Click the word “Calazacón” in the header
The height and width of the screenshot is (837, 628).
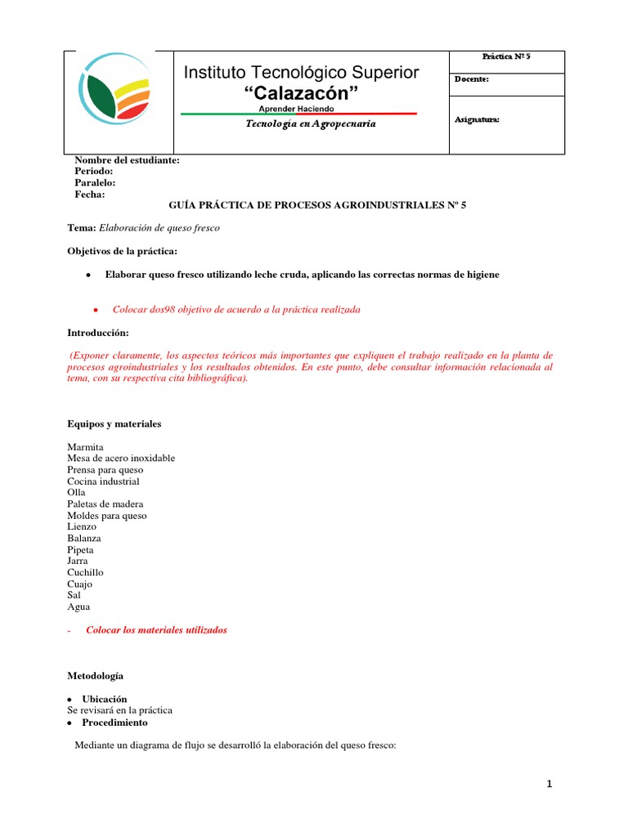301,94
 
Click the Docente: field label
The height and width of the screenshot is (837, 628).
472,79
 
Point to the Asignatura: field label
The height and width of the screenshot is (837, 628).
477,120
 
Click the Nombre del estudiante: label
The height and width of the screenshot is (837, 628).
127,160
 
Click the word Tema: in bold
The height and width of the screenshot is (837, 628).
81,228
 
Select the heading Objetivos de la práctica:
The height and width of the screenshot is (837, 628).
121,249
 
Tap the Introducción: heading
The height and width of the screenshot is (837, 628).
97,333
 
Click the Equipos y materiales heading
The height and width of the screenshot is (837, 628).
114,424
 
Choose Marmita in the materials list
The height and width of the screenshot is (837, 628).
85,447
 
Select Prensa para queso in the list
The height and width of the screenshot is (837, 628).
105,470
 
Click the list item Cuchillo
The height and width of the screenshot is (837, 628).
85,573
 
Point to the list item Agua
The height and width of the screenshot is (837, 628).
78,607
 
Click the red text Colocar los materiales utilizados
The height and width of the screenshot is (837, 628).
156,630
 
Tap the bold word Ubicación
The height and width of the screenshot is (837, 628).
104,700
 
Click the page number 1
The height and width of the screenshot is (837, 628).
549,785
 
